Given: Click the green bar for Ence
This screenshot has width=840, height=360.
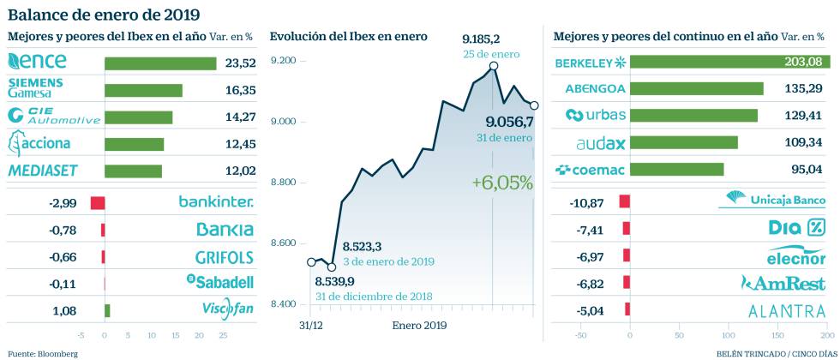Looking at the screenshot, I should point(160,63).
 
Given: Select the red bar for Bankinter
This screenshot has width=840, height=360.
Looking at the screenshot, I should point(98,203).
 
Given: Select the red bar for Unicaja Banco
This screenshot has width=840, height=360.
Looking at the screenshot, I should point(625,202).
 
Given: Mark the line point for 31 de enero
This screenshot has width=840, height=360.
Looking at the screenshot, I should point(534,105).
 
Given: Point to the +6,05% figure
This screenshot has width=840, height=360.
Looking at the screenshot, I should point(502,183).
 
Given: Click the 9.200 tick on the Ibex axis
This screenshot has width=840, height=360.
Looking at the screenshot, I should point(282,60).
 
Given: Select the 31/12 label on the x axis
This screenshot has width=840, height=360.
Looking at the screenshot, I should point(310,326).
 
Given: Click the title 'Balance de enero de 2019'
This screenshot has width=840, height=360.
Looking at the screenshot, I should point(104,14).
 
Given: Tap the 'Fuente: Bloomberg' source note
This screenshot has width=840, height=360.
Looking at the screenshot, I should point(42,353).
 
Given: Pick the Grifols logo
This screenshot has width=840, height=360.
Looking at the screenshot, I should point(224,256).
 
